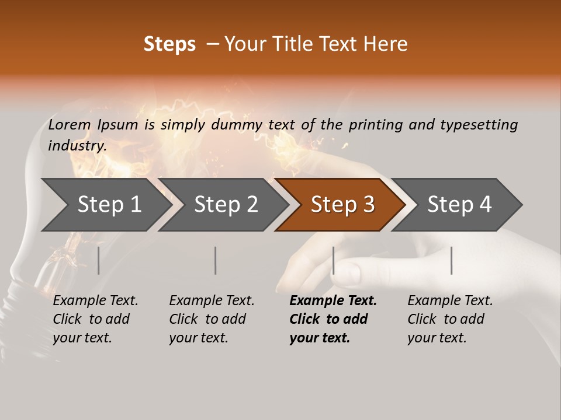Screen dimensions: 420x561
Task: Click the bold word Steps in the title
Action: (x=169, y=44)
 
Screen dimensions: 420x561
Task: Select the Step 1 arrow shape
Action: (x=105, y=205)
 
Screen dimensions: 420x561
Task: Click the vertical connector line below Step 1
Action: (x=98, y=260)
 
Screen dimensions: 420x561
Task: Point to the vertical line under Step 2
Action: (x=216, y=260)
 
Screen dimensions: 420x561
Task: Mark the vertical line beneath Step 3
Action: (x=334, y=260)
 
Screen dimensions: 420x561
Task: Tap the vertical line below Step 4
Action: (x=451, y=260)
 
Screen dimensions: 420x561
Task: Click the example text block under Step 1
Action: (x=95, y=319)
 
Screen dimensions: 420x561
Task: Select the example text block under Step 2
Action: (x=212, y=319)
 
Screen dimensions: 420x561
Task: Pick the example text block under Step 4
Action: (x=450, y=319)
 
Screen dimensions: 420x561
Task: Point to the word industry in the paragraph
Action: (x=77, y=146)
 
